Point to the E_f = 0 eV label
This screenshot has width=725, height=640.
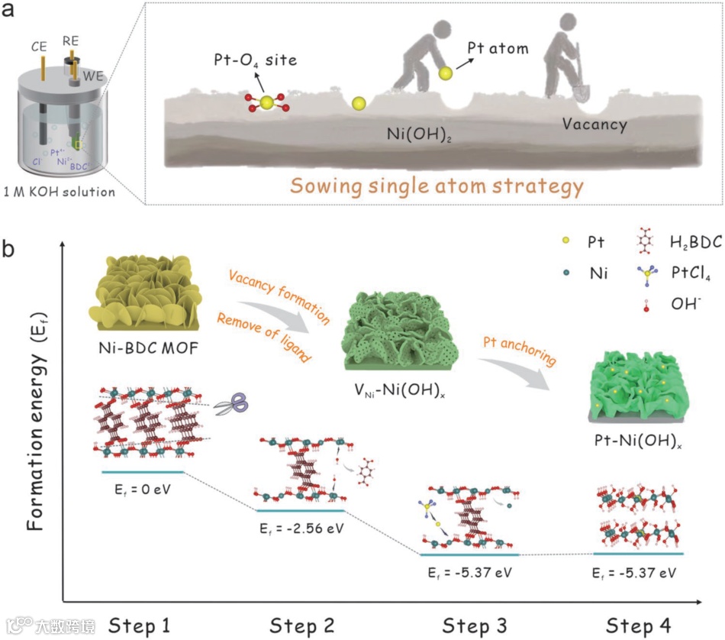[x=145, y=489]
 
